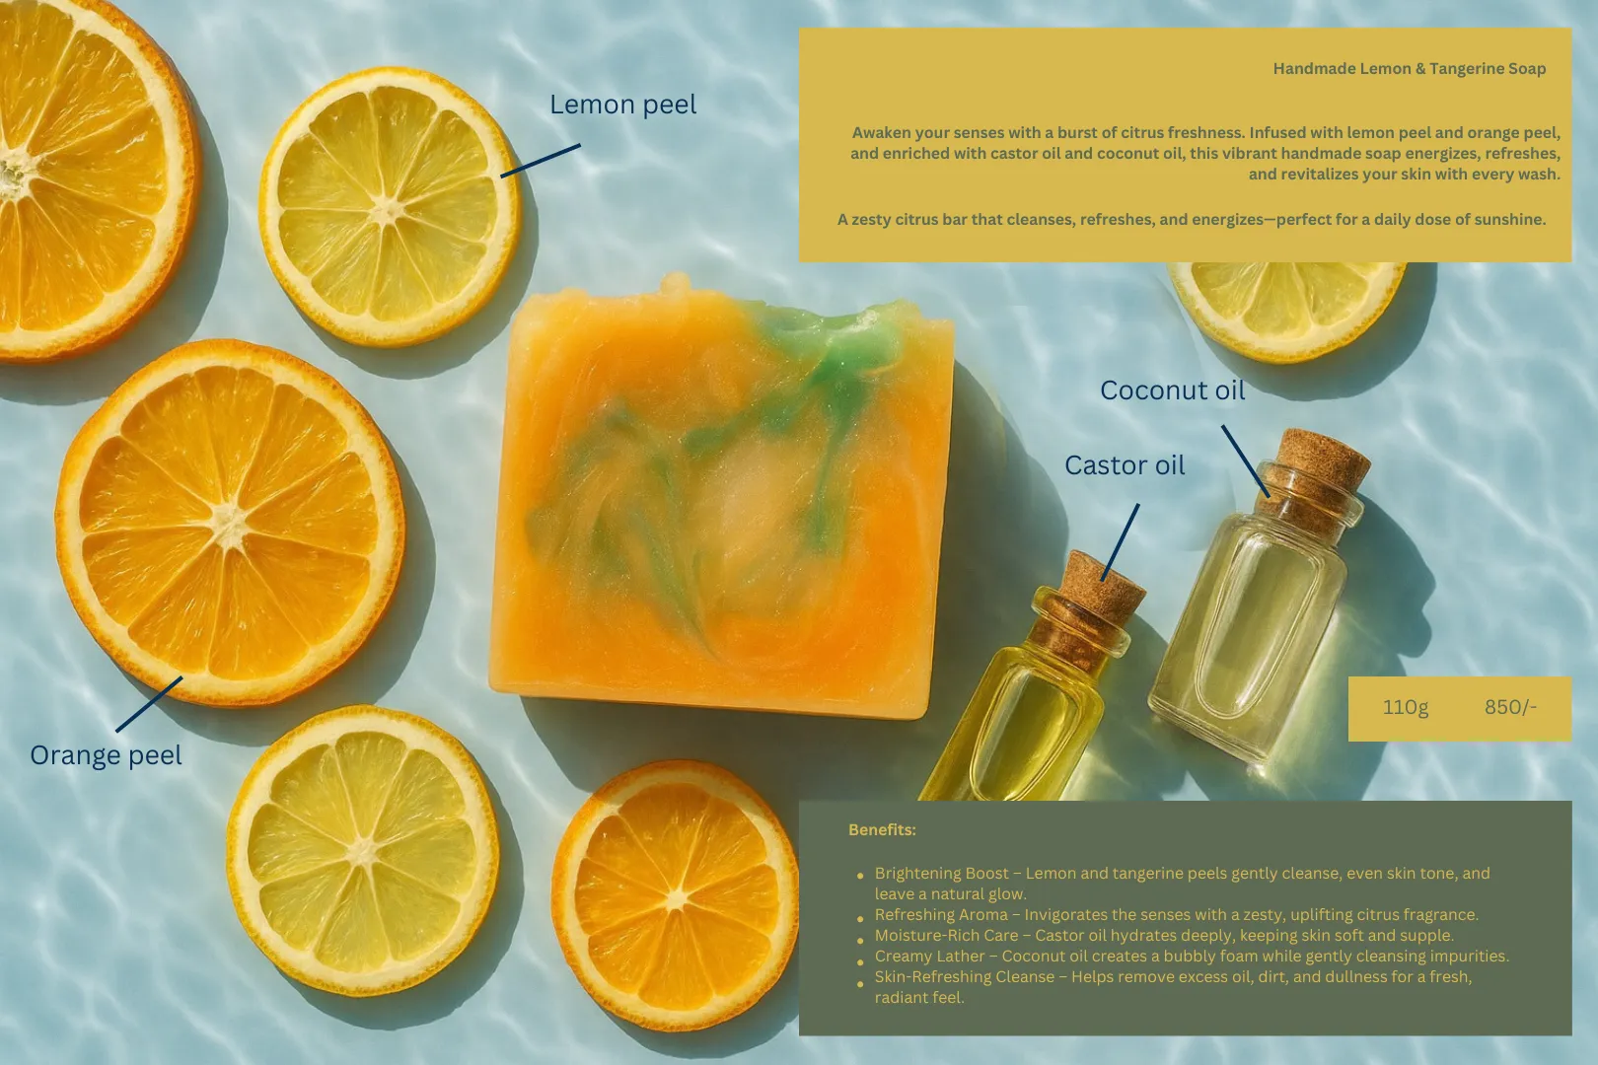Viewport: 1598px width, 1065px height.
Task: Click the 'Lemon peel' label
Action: pyautogui.click(x=622, y=105)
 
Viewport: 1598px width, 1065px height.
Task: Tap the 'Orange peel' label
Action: pyautogui.click(x=106, y=755)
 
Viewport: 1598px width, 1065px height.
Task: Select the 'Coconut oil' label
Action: pyautogui.click(x=1172, y=390)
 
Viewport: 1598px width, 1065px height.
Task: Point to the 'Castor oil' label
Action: pyautogui.click(x=1125, y=465)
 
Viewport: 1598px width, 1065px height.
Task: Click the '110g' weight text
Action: pyautogui.click(x=1406, y=707)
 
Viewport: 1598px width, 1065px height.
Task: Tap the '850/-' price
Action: pyautogui.click(x=1510, y=707)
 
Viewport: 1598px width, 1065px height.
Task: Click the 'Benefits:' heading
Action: pyautogui.click(x=882, y=829)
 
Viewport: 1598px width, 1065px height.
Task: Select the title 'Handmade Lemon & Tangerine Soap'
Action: pyautogui.click(x=1409, y=69)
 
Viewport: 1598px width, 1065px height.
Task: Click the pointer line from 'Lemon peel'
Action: pyautogui.click(x=540, y=161)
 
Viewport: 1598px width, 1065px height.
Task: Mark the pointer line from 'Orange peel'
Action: pyautogui.click(x=149, y=704)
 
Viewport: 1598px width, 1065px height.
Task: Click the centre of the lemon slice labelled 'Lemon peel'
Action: pyautogui.click(x=389, y=208)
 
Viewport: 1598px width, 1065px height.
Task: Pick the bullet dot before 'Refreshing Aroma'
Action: pyautogui.click(x=860, y=919)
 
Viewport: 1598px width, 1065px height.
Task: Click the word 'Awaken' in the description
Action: pyautogui.click(x=880, y=133)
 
